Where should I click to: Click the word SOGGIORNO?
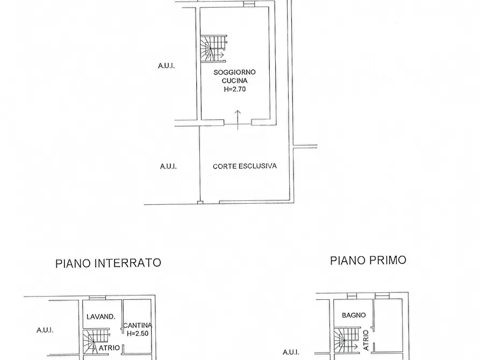click(234, 72)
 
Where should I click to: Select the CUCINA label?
click(234, 81)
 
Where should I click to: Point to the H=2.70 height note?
click(234, 90)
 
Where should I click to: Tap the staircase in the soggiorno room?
click(213, 48)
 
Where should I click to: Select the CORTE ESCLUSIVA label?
click(245, 166)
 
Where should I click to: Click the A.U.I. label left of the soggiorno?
click(167, 66)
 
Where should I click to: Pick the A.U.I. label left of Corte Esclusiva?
click(168, 167)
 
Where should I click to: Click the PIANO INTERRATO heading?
click(108, 263)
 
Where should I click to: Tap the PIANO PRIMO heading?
click(368, 261)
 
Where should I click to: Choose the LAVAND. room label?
click(101, 316)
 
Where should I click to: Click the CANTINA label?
click(138, 325)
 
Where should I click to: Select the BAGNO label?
click(354, 315)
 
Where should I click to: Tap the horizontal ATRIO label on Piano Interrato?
click(110, 348)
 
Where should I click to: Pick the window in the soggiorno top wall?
click(248, 4)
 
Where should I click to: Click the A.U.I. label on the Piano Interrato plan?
click(45, 330)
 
